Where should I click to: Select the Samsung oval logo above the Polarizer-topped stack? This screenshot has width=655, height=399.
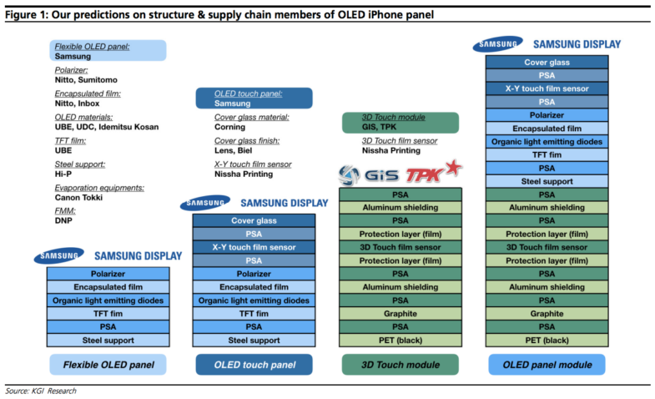coord(59,255)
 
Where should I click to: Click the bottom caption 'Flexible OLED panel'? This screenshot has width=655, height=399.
coord(108,365)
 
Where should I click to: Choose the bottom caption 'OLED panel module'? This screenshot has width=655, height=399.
coord(547,365)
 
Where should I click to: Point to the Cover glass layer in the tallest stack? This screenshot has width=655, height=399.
coord(547,63)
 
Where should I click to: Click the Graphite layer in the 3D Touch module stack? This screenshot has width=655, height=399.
coord(401,314)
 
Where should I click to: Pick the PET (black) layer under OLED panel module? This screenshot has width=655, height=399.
coord(547,340)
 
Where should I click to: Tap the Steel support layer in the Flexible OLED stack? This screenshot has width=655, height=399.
coord(108,340)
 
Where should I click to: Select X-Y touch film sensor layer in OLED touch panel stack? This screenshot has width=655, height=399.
coord(254,247)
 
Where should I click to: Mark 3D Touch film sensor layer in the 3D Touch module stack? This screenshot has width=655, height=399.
coord(401,247)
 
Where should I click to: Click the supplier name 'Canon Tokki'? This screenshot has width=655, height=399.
coord(78,198)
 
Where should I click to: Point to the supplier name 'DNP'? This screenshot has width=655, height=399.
coord(63,220)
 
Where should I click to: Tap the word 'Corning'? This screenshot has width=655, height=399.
coord(229,127)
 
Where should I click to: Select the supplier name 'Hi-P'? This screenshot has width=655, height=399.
coord(63,174)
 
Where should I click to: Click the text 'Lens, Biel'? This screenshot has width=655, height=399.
coord(233,150)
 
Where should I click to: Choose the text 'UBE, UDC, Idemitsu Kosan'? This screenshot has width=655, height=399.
coord(107,127)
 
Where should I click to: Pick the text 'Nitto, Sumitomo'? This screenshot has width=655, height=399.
coord(86,80)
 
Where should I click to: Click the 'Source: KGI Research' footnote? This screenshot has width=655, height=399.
coord(41,391)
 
